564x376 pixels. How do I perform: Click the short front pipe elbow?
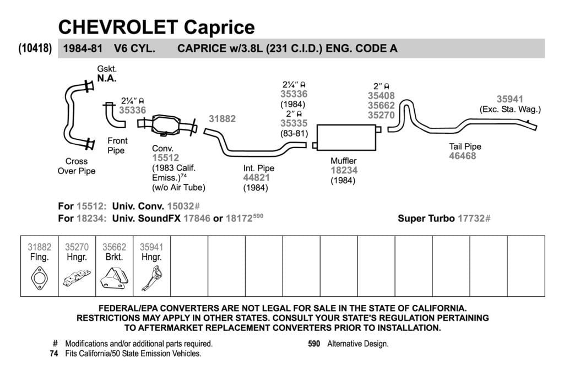(114, 116)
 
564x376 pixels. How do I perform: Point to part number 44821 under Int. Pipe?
(256, 178)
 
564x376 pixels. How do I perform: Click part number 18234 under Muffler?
(344, 171)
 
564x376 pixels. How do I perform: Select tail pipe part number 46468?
(462, 156)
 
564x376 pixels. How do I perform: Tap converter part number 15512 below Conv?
(165, 158)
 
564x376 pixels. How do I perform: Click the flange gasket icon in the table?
(39, 278)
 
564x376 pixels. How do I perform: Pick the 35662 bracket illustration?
(115, 278)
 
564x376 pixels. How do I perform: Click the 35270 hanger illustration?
(77, 278)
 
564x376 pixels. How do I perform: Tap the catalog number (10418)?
(35, 48)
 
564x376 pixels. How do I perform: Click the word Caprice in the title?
(219, 27)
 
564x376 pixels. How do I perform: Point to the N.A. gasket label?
(107, 78)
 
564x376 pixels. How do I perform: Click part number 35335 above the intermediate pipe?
(294, 123)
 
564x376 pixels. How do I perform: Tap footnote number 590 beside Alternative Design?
(314, 344)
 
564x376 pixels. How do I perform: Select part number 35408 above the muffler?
(381, 96)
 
